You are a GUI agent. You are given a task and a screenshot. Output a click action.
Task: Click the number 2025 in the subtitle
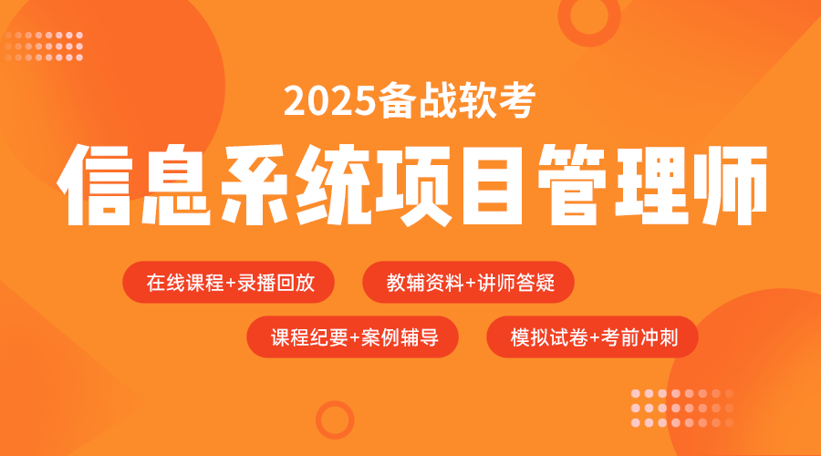[x=330, y=100]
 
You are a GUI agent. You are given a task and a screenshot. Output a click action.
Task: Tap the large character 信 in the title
[x=95, y=185]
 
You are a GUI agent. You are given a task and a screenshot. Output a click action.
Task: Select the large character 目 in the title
[x=493, y=185]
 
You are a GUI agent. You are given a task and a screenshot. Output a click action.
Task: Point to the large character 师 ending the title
[x=731, y=185]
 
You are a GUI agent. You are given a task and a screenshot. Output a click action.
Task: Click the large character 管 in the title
[x=572, y=185]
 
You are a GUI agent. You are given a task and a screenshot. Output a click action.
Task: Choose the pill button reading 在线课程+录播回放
[x=228, y=282]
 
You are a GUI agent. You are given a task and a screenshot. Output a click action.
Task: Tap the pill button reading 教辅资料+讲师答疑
[x=468, y=282]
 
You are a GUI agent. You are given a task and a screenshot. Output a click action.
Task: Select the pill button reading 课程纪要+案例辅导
[x=352, y=337]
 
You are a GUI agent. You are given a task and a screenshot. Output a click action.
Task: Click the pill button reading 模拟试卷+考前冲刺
[x=592, y=337]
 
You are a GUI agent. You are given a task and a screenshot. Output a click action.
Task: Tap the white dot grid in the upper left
[x=44, y=47]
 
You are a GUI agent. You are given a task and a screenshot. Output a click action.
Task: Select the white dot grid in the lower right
[x=682, y=408]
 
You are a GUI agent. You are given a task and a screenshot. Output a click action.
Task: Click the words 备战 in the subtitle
[x=416, y=100]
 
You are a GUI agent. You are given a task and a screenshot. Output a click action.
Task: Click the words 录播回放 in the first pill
[x=275, y=283]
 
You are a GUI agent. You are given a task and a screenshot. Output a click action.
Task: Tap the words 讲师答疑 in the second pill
[x=515, y=283]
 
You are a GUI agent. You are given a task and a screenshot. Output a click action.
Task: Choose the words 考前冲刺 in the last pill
[x=639, y=337]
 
